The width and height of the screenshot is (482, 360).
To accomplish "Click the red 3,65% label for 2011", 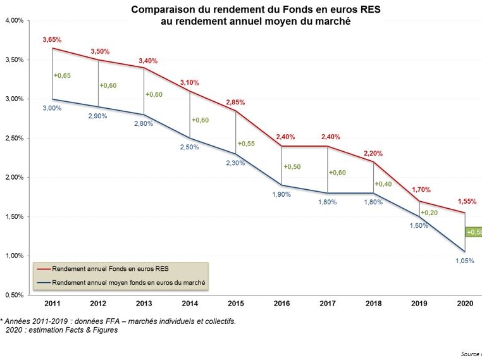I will pyautogui.click(x=52, y=40).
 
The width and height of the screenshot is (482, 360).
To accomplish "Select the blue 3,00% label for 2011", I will pyautogui.click(x=52, y=108).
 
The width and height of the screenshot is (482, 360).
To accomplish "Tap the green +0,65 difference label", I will pyautogui.click(x=62, y=76).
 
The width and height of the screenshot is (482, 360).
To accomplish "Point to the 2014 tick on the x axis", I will pyautogui.click(x=190, y=304).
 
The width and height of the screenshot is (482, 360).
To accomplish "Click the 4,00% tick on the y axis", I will pyautogui.click(x=14, y=21).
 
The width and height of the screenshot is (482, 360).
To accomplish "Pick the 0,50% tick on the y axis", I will pyautogui.click(x=14, y=295).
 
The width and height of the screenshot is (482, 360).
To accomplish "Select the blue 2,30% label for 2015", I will pyautogui.click(x=235, y=163).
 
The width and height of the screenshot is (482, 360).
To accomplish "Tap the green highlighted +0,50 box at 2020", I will pyautogui.click(x=474, y=232).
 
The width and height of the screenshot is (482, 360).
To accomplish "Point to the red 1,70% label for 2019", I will pyautogui.click(x=420, y=189).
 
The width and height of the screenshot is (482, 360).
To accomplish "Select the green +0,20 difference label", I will pyautogui.click(x=429, y=212).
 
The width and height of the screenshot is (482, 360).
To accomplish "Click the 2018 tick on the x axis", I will pyautogui.click(x=374, y=304).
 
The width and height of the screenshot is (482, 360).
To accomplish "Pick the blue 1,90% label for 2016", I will pyautogui.click(x=281, y=194).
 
